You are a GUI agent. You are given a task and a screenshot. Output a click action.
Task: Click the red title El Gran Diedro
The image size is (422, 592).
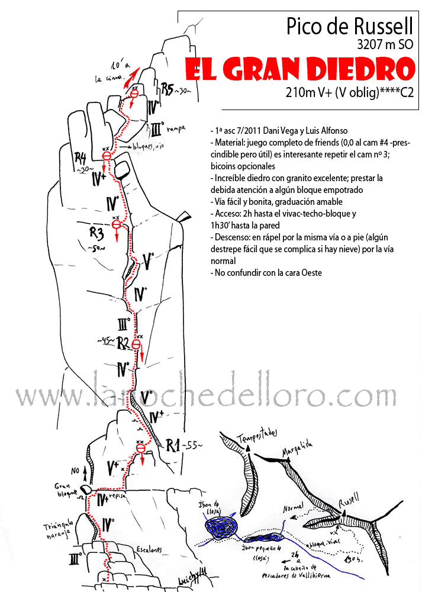[x=299, y=70]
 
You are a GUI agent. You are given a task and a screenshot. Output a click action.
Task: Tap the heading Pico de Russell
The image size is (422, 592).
[x=349, y=26]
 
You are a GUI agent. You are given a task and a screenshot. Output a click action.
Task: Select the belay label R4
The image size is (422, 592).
[x=80, y=158]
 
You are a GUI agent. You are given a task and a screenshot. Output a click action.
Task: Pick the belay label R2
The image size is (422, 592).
[x=123, y=342]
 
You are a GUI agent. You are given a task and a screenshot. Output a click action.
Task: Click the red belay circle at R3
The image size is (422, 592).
[x=117, y=225]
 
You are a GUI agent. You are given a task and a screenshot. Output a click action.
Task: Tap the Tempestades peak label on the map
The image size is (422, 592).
[x=257, y=436]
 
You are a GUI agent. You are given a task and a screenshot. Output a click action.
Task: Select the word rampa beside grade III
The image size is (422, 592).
[x=177, y=126]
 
